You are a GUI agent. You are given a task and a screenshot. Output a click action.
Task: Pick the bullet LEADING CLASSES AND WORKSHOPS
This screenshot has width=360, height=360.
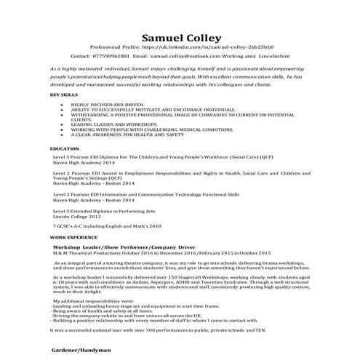(x=109, y=124)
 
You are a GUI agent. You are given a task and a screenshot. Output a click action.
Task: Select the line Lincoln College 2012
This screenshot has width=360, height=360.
(x=75, y=216)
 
